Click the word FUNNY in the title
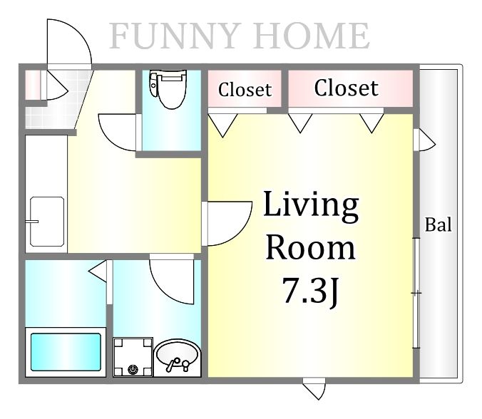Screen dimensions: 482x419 (175, 36)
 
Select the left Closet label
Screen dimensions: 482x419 (245, 90)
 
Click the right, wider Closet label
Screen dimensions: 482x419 (346, 88)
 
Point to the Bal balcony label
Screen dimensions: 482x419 (438, 224)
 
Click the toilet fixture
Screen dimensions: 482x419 (168, 89)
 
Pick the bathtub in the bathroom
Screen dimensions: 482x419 (66, 352)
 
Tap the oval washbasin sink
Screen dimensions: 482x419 (177, 357)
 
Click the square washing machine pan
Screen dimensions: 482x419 (133, 357)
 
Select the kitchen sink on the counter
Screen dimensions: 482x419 (47, 222)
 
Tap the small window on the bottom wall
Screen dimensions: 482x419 (314, 388)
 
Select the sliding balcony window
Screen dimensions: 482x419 (416, 293)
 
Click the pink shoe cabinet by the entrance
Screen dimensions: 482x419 (33, 85)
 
